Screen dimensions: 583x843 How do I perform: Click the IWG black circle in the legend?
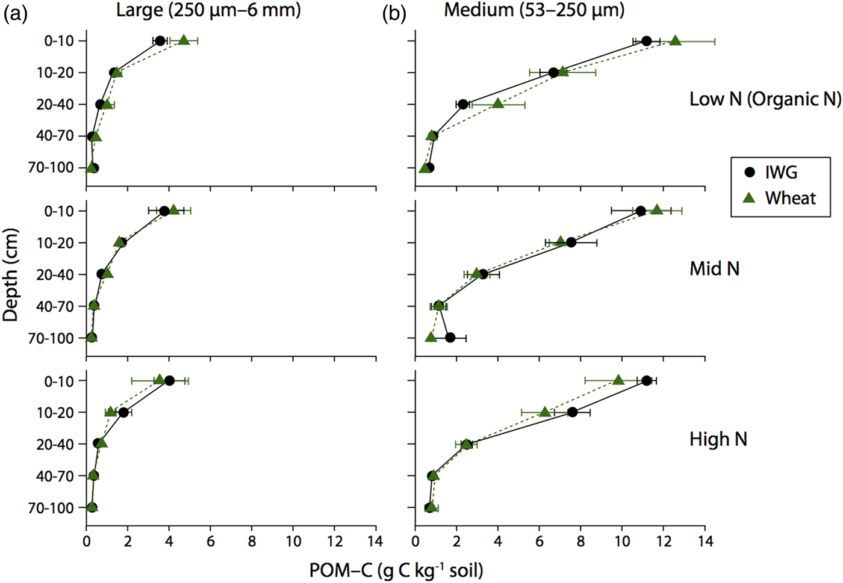[x=750, y=172]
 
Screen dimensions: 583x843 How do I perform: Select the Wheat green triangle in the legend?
[x=749, y=197]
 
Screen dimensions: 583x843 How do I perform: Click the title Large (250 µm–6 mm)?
[x=208, y=10]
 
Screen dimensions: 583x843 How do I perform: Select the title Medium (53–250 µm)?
[x=535, y=10]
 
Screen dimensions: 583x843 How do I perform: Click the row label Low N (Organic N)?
[x=765, y=99]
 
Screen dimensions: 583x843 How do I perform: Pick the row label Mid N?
[x=715, y=268]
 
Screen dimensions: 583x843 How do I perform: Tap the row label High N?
[x=718, y=439]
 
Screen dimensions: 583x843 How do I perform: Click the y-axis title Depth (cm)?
[x=10, y=274]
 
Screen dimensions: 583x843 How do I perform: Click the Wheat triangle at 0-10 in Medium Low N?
[x=675, y=40]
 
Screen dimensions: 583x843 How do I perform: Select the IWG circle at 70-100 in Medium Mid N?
[x=450, y=338]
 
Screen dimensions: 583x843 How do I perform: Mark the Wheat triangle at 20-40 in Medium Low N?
[x=498, y=103]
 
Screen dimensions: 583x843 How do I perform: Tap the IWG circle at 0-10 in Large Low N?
[x=160, y=41]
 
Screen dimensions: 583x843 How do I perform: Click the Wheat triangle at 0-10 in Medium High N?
[x=618, y=380]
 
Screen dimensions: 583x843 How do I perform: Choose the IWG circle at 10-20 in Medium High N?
[x=572, y=412]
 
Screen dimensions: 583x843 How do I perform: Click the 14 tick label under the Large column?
[x=376, y=541]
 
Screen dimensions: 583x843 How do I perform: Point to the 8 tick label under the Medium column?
[x=580, y=541]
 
